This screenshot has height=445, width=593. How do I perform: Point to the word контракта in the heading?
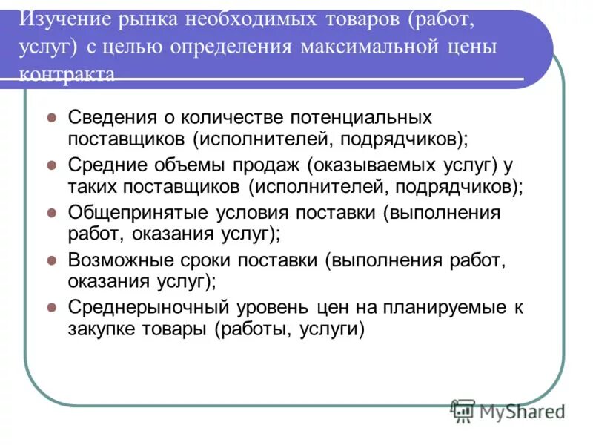click(x=67, y=75)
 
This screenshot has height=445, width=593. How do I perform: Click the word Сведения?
click(x=112, y=118)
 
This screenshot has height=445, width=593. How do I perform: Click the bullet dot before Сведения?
click(x=51, y=118)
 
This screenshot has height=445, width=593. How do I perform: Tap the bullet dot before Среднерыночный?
click(x=51, y=307)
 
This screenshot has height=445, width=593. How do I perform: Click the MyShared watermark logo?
click(x=508, y=410)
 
